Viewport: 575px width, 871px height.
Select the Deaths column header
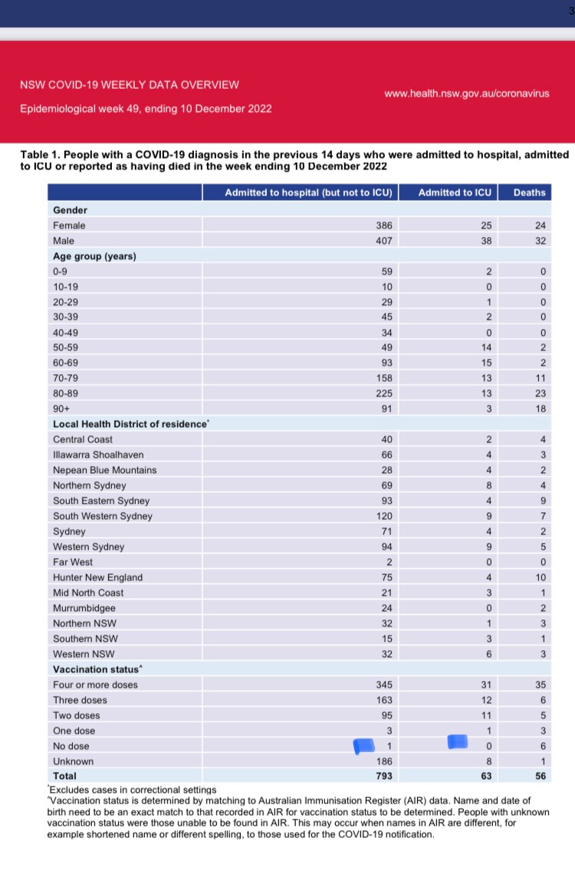[530, 192]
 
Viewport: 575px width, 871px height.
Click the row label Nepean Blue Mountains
[105, 470]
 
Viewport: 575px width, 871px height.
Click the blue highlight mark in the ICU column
[458, 741]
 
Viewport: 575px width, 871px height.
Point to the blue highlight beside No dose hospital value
[363, 745]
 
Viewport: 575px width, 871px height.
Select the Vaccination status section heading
[91, 669]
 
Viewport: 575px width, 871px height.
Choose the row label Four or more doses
[95, 685]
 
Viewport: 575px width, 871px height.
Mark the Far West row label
[73, 562]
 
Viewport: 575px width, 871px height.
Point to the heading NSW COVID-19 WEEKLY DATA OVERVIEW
[130, 84]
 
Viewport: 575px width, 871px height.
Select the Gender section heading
[70, 209]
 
